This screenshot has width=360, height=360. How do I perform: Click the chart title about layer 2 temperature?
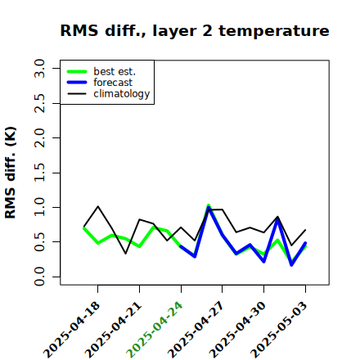(195, 31)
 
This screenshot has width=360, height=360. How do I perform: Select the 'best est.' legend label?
(115, 71)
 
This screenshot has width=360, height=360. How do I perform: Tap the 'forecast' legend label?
(113, 83)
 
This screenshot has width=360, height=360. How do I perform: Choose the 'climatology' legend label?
(122, 94)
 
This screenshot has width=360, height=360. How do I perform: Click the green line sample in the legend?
(77, 71)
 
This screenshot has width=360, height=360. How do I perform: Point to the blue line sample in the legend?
(77, 83)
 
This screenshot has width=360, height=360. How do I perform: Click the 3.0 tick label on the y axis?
(39, 68)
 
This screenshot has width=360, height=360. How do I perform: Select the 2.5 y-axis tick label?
(39, 103)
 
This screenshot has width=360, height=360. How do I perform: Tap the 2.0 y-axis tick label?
(39, 137)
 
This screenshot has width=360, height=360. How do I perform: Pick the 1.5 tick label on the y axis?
(39, 173)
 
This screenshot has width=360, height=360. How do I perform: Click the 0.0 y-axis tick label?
(39, 277)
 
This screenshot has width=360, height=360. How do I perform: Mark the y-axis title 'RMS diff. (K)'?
(11, 173)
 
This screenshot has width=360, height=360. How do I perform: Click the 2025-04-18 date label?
(72, 330)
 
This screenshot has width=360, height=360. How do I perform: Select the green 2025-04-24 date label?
(155, 330)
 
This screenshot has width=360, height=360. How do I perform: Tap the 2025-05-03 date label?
(279, 330)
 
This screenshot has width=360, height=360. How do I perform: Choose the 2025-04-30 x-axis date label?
(237, 330)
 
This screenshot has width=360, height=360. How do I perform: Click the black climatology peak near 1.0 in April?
(98, 206)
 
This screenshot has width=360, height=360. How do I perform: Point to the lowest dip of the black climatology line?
(126, 254)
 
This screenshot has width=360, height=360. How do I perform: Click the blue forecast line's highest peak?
(209, 208)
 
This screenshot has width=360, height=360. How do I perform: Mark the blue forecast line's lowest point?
(291, 265)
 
